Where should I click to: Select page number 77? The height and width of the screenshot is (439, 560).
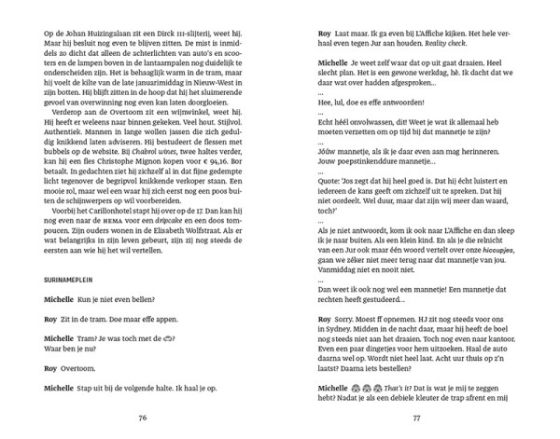[x=418, y=418]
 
